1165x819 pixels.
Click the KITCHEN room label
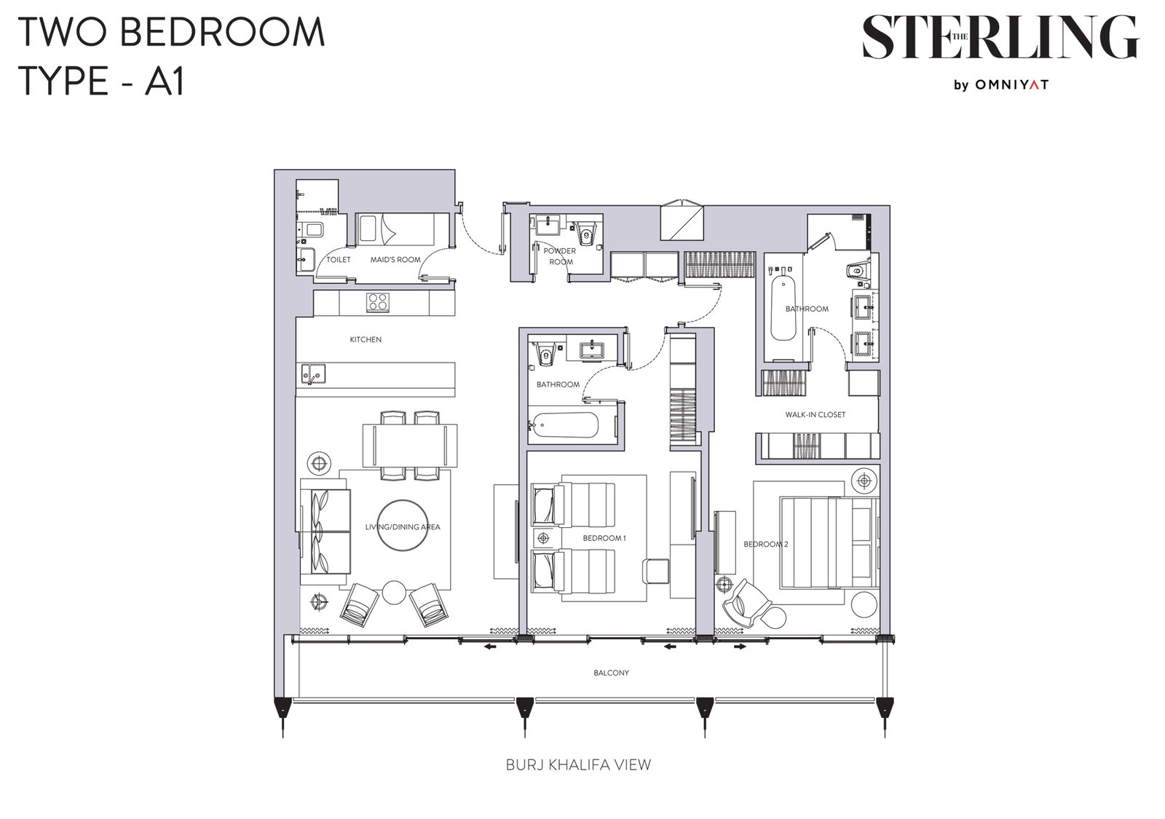pos(365,339)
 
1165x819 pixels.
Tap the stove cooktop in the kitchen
pos(378,302)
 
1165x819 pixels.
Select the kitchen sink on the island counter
pos(313,373)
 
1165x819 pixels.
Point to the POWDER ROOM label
pos(560,256)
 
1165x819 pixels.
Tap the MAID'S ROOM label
pos(395,259)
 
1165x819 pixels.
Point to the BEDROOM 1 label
pos(604,538)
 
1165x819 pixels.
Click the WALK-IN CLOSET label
pos(815,414)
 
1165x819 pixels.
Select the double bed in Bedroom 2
pos(829,543)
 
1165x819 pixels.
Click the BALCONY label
pos(611,673)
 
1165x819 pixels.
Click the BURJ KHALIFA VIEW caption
pos(578,764)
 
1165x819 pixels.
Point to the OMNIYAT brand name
pos(1011,84)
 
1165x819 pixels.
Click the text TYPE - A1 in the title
pos(101,81)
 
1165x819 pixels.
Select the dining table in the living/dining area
pos(410,446)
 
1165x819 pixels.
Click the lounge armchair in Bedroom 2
pos(745,604)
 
